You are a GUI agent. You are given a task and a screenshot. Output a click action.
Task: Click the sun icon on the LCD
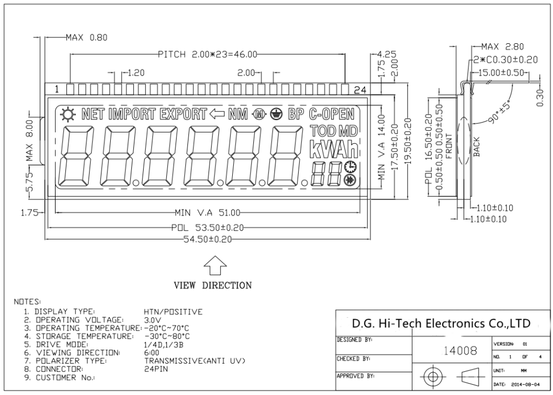[68, 114]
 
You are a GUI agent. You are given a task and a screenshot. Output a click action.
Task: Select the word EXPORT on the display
[183, 114]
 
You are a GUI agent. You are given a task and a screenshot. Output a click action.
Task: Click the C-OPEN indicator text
[332, 114]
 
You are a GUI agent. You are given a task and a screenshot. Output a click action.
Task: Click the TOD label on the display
[322, 131]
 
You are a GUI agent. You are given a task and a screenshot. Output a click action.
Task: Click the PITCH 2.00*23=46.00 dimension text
[208, 54]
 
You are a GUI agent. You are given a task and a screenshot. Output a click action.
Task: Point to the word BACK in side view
[476, 147]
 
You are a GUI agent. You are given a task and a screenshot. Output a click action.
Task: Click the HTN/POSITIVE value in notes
[173, 312]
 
